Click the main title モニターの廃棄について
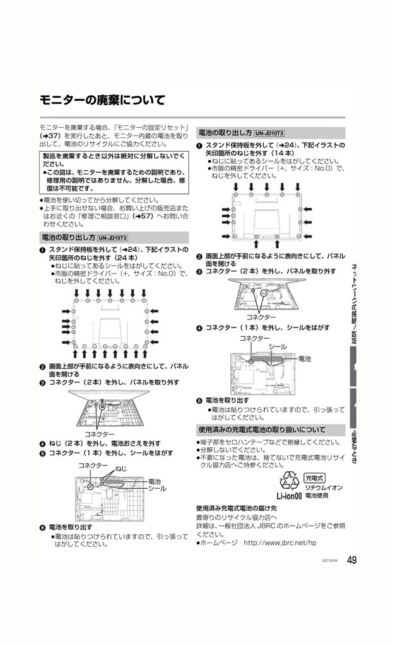click(102, 100)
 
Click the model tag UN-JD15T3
click(113, 237)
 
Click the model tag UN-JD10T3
click(270, 133)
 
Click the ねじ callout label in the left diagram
click(120, 468)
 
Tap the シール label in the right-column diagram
click(278, 347)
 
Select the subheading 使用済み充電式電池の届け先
click(236, 508)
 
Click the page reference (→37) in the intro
click(50, 135)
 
